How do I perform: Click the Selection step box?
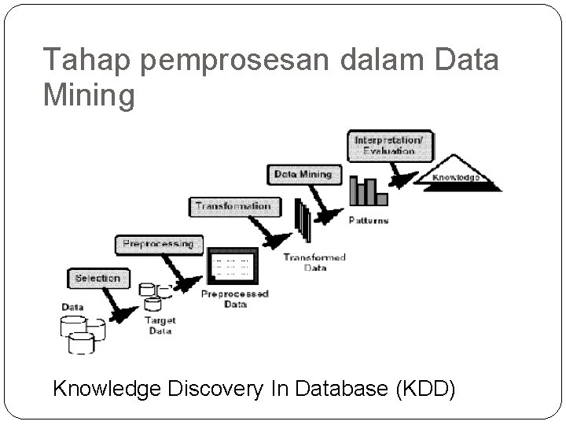pyautogui.click(x=97, y=279)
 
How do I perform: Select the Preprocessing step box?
pyautogui.click(x=158, y=244)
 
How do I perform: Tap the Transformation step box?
pyautogui.click(x=233, y=207)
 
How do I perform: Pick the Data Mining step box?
pyautogui.click(x=303, y=174)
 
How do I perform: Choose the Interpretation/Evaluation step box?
pyautogui.click(x=390, y=146)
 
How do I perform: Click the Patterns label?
pyautogui.click(x=368, y=220)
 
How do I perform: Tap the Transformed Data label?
pyautogui.click(x=314, y=262)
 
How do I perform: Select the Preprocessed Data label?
pyautogui.click(x=235, y=299)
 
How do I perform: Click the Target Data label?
pyautogui.click(x=160, y=325)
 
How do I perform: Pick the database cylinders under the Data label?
pyautogui.click(x=82, y=332)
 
